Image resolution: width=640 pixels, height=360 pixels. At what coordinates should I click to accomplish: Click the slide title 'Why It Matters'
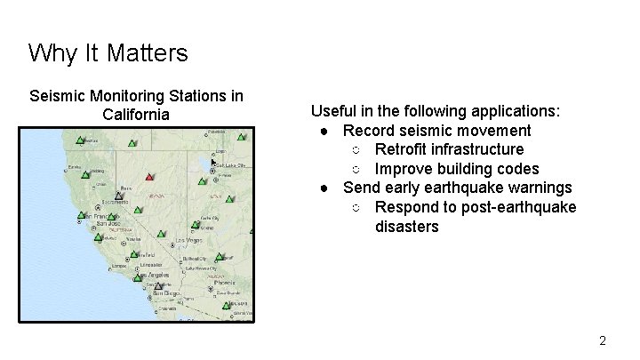click(108, 53)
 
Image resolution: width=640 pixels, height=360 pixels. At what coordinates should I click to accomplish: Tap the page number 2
click(603, 340)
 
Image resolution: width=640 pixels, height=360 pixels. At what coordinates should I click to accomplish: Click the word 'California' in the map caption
click(136, 115)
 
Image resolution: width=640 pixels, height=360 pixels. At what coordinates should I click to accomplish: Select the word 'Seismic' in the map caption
click(57, 95)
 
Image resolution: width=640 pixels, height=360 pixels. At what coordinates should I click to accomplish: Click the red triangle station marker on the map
click(149, 175)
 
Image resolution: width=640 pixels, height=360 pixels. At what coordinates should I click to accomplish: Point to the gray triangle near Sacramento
click(118, 196)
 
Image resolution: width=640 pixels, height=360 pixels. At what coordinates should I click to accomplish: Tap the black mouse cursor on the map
click(213, 162)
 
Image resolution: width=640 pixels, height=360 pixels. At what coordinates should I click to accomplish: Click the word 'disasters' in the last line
click(406, 227)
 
